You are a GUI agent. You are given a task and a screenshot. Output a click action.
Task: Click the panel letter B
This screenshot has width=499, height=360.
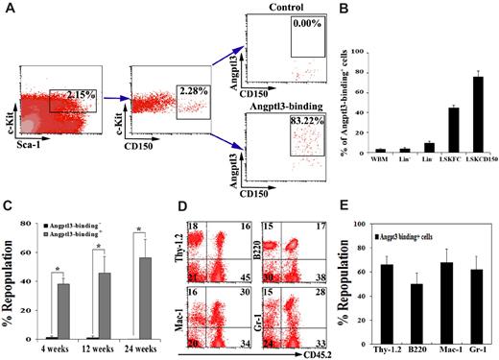[x=345, y=10]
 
